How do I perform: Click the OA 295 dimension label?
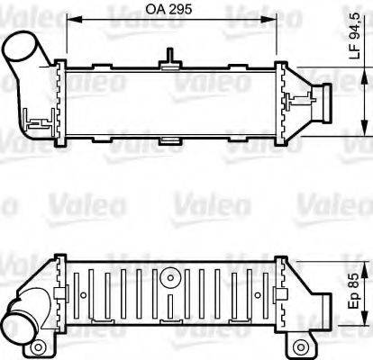pos(168,12)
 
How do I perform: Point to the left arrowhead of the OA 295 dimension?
pos(60,22)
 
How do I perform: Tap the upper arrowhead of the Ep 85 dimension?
pos(365,259)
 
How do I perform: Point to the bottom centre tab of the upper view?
pos(168,140)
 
